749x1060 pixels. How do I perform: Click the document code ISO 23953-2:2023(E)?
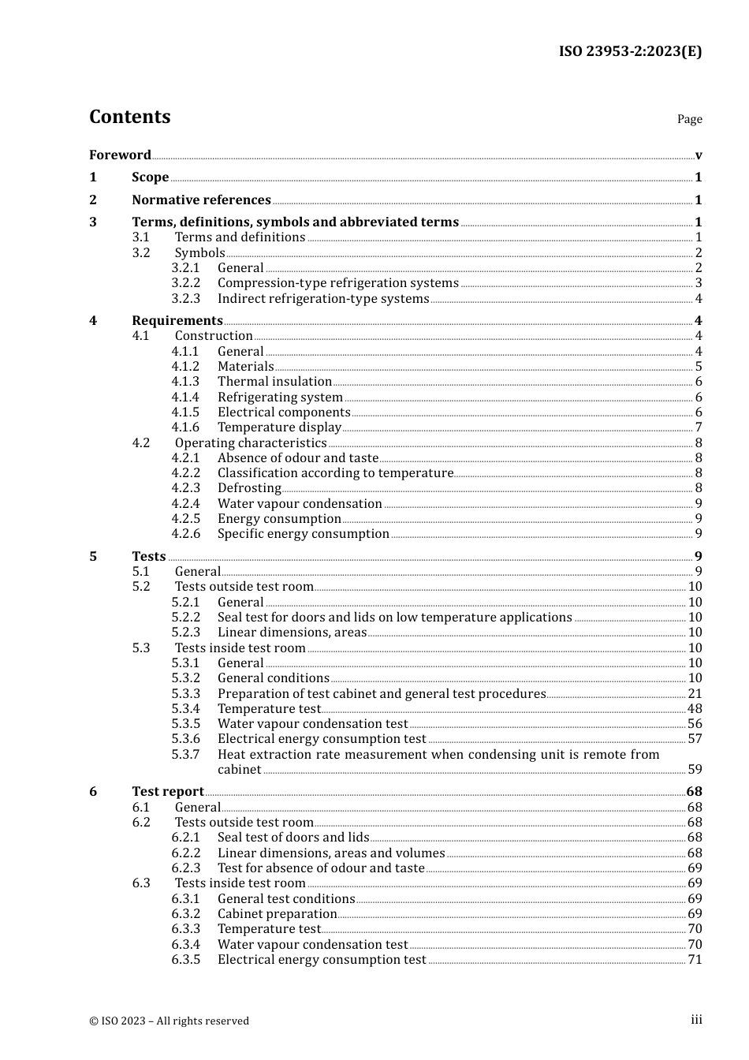630,51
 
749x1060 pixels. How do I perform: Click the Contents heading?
129,117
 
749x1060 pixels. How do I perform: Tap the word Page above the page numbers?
689,119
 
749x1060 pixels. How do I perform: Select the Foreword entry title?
120,155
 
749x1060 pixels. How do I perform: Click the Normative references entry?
201,200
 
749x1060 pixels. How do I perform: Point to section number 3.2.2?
186,283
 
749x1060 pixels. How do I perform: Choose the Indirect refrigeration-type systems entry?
323,298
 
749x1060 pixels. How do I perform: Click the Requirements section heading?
177,320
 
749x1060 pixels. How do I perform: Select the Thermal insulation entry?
274,382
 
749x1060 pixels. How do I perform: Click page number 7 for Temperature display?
699,427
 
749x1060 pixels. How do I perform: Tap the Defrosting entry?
249,488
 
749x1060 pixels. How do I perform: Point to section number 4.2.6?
186,534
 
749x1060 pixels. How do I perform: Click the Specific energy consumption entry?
304,534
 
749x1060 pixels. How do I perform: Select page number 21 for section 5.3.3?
695,694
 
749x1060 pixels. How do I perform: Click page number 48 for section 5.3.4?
695,709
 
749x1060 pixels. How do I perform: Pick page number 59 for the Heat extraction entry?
695,770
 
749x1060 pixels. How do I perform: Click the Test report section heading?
168,791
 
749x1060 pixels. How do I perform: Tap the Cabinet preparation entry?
278,914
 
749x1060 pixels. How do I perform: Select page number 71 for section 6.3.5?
695,960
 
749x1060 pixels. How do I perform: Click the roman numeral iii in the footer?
696,1020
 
